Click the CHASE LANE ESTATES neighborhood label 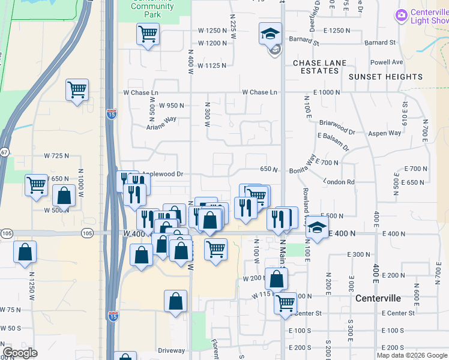click(x=316, y=67)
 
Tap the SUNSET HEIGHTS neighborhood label click(x=386, y=77)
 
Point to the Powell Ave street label click(x=387, y=62)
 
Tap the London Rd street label click(x=339, y=182)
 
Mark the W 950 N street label click(x=171, y=105)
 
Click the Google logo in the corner click(x=20, y=353)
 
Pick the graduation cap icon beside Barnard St click(x=270, y=34)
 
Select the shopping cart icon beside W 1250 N click(x=148, y=34)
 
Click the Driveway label click(x=172, y=350)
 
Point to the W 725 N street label click(x=56, y=155)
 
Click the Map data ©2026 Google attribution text click(x=412, y=355)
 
